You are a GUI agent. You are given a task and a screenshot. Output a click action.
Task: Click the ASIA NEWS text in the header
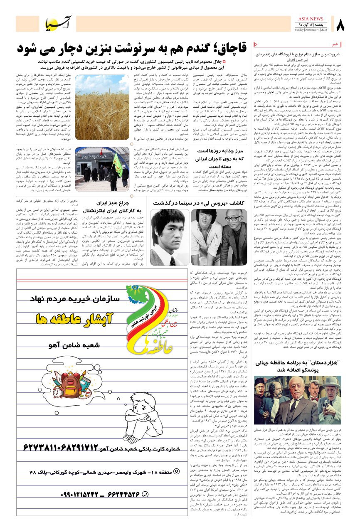311,19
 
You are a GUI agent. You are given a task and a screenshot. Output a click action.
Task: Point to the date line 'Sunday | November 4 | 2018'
311,30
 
